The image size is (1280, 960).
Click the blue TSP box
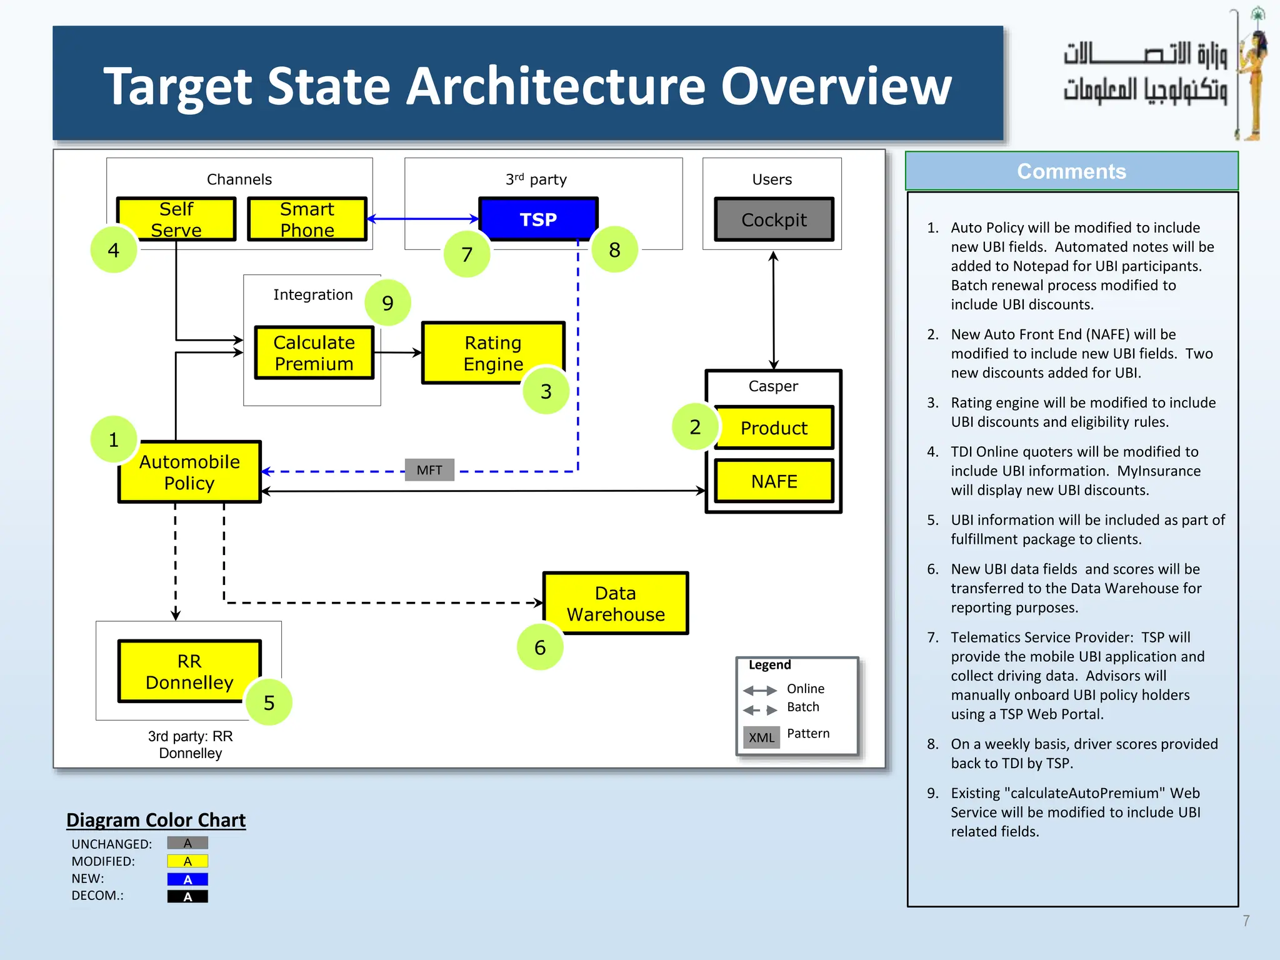click(538, 219)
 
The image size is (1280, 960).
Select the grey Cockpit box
click(774, 219)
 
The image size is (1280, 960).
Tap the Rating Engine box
click(493, 353)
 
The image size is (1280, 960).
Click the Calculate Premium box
click(314, 352)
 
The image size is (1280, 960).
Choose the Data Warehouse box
click(616, 603)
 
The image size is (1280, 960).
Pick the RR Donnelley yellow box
click(189, 671)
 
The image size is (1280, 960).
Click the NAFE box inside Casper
click(774, 481)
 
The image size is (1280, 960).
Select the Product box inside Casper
click(774, 427)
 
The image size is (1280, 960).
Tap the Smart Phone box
click(307, 219)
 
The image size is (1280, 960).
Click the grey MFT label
click(429, 470)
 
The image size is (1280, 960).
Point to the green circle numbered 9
click(387, 303)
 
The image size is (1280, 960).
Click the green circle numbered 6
click(540, 647)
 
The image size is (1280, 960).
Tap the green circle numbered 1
click(114, 439)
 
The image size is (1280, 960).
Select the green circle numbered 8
click(614, 250)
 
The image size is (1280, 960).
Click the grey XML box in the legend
click(761, 737)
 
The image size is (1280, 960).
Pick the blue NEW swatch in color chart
click(187, 879)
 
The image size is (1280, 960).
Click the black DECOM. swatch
click(187, 896)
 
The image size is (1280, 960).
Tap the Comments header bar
click(1071, 171)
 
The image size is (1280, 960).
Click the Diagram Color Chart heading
click(156, 819)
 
